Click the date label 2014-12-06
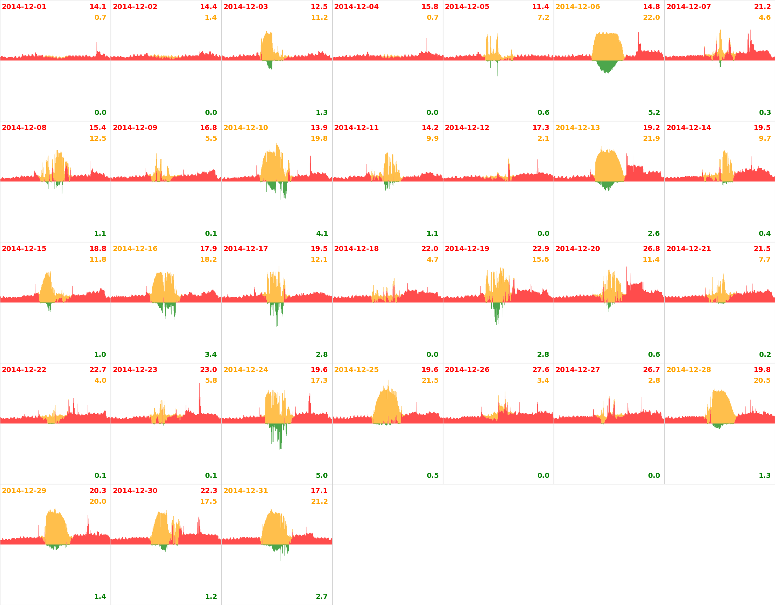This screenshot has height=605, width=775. pos(577,7)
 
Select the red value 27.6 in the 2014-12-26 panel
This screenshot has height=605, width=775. pos(541,370)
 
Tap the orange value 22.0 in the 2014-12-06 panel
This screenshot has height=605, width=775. pos(651,18)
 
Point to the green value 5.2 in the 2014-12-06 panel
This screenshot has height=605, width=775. pos(654,113)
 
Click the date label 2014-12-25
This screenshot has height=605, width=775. pos(356,370)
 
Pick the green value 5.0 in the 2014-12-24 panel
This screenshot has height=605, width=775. pos(322,476)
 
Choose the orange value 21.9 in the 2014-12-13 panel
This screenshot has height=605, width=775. pos(651,139)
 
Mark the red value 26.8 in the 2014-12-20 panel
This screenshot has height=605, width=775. pos(651,249)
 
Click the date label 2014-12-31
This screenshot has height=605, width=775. pos(245,491)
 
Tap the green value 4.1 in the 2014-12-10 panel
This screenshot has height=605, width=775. pos(322,234)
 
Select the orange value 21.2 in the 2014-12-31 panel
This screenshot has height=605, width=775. pos(319,502)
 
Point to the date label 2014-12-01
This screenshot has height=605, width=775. pos(24,7)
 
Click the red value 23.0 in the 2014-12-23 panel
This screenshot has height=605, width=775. pos(208,370)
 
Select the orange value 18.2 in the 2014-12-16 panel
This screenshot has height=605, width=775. pos(208,260)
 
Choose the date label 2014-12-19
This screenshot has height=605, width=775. pos(467,249)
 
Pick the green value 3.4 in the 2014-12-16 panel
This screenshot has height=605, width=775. pos(211,355)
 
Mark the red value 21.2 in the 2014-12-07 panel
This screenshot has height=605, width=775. pos(762,7)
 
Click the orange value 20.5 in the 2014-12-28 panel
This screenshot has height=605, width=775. pos(762,381)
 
